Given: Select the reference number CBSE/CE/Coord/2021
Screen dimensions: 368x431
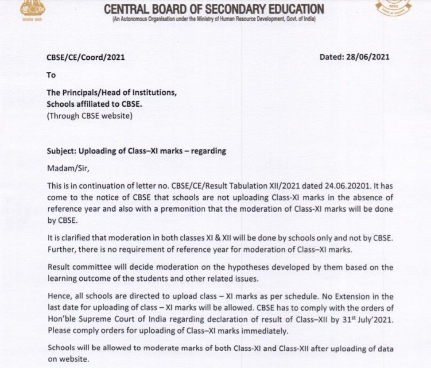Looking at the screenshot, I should [x=86, y=57].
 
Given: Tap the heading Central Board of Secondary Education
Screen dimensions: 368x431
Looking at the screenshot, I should [x=214, y=9].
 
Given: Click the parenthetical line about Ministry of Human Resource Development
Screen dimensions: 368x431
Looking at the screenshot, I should [x=214, y=19].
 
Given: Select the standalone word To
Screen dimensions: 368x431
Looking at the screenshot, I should [x=51, y=75].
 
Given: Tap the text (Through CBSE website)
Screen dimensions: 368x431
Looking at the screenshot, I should [x=89, y=116].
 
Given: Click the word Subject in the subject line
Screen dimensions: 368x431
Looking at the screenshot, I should [x=62, y=151].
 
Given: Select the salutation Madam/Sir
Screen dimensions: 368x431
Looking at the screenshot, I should [x=65, y=168].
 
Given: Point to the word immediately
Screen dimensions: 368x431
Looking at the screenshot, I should [x=265, y=331].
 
